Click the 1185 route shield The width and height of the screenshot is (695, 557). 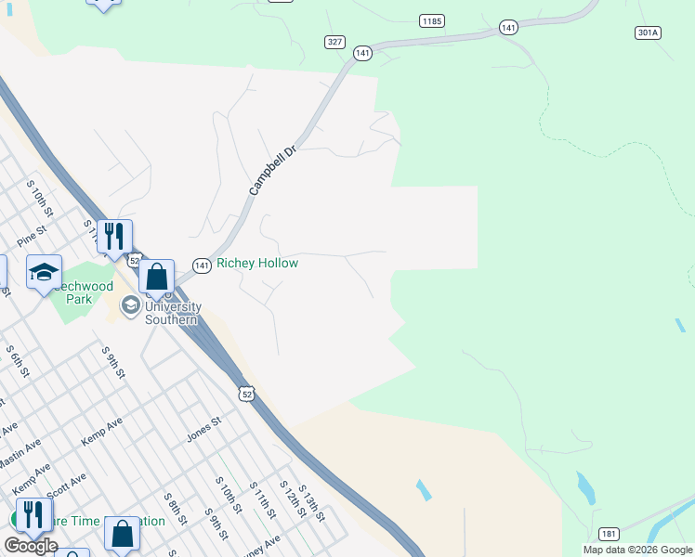[431, 19]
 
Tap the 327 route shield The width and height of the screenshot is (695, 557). [335, 42]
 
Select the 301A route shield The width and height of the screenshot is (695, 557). [648, 32]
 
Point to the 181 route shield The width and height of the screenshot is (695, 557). [609, 534]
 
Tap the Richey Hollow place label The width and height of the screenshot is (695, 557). [257, 264]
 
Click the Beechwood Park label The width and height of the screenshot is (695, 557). [80, 293]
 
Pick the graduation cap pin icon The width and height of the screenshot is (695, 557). [44, 272]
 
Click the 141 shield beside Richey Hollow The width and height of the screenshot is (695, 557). [202, 266]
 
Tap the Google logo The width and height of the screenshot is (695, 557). [32, 546]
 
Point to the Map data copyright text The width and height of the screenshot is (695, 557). [636, 550]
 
